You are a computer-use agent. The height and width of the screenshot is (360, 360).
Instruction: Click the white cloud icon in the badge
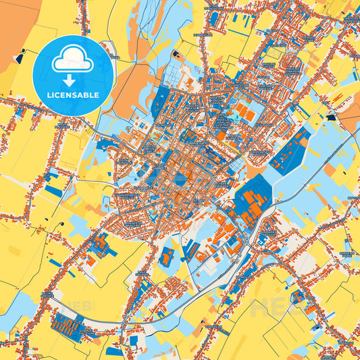pyautogui.click(x=72, y=60)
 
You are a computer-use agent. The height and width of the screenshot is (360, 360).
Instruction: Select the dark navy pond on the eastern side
pyautogui.click(x=331, y=117)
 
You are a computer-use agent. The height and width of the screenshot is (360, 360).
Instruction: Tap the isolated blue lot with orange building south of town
pyautogui.click(x=168, y=256)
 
